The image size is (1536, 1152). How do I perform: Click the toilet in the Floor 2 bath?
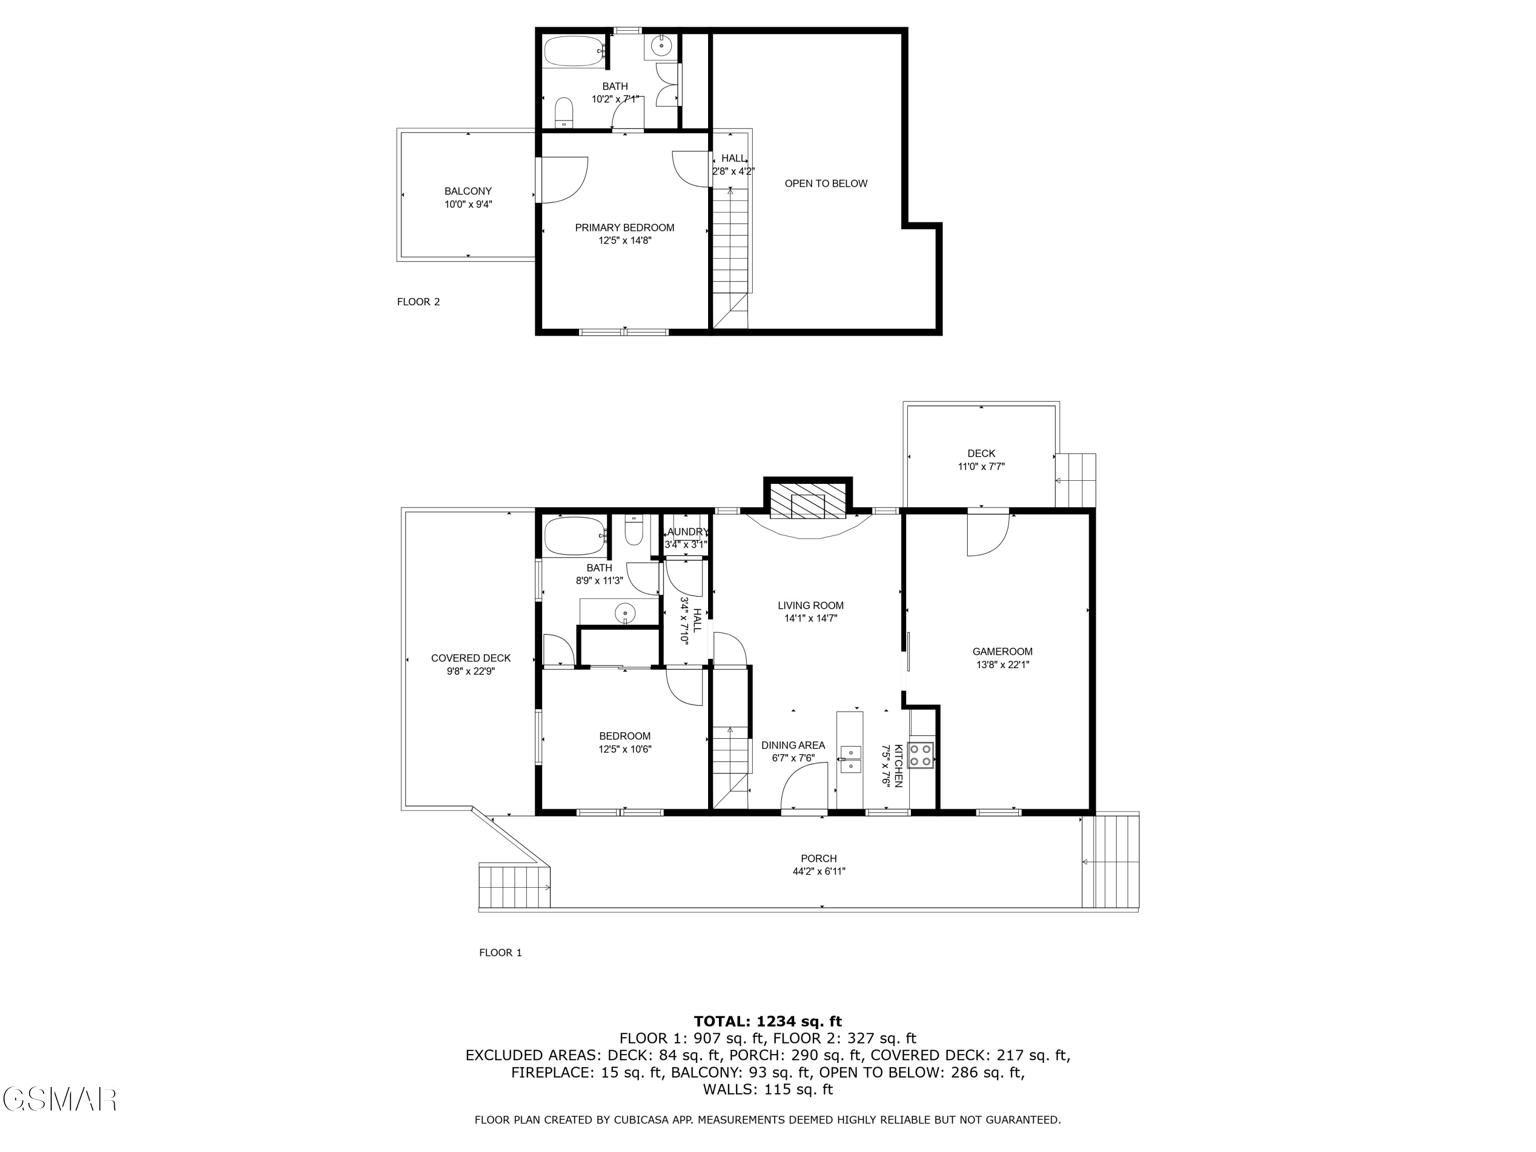click(x=564, y=113)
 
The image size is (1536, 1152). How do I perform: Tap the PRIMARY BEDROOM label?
click(x=624, y=228)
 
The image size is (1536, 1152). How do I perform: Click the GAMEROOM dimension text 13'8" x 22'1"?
click(x=1002, y=665)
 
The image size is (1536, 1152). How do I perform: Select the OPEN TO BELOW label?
click(x=826, y=183)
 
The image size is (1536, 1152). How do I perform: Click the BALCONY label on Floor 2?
click(x=468, y=191)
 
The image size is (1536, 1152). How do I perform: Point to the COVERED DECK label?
click(x=471, y=658)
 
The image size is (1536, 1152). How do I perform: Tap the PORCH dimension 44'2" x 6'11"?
click(x=819, y=871)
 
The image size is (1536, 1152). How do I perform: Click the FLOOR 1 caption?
click(x=500, y=953)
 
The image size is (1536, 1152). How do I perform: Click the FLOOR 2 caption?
click(x=418, y=302)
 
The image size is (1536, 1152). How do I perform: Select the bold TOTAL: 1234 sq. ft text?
click(x=767, y=1021)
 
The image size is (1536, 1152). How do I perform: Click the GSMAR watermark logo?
click(x=59, y=1099)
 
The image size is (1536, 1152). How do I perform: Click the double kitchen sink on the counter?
click(x=850, y=760)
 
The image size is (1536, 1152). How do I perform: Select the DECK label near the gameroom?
click(x=980, y=454)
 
